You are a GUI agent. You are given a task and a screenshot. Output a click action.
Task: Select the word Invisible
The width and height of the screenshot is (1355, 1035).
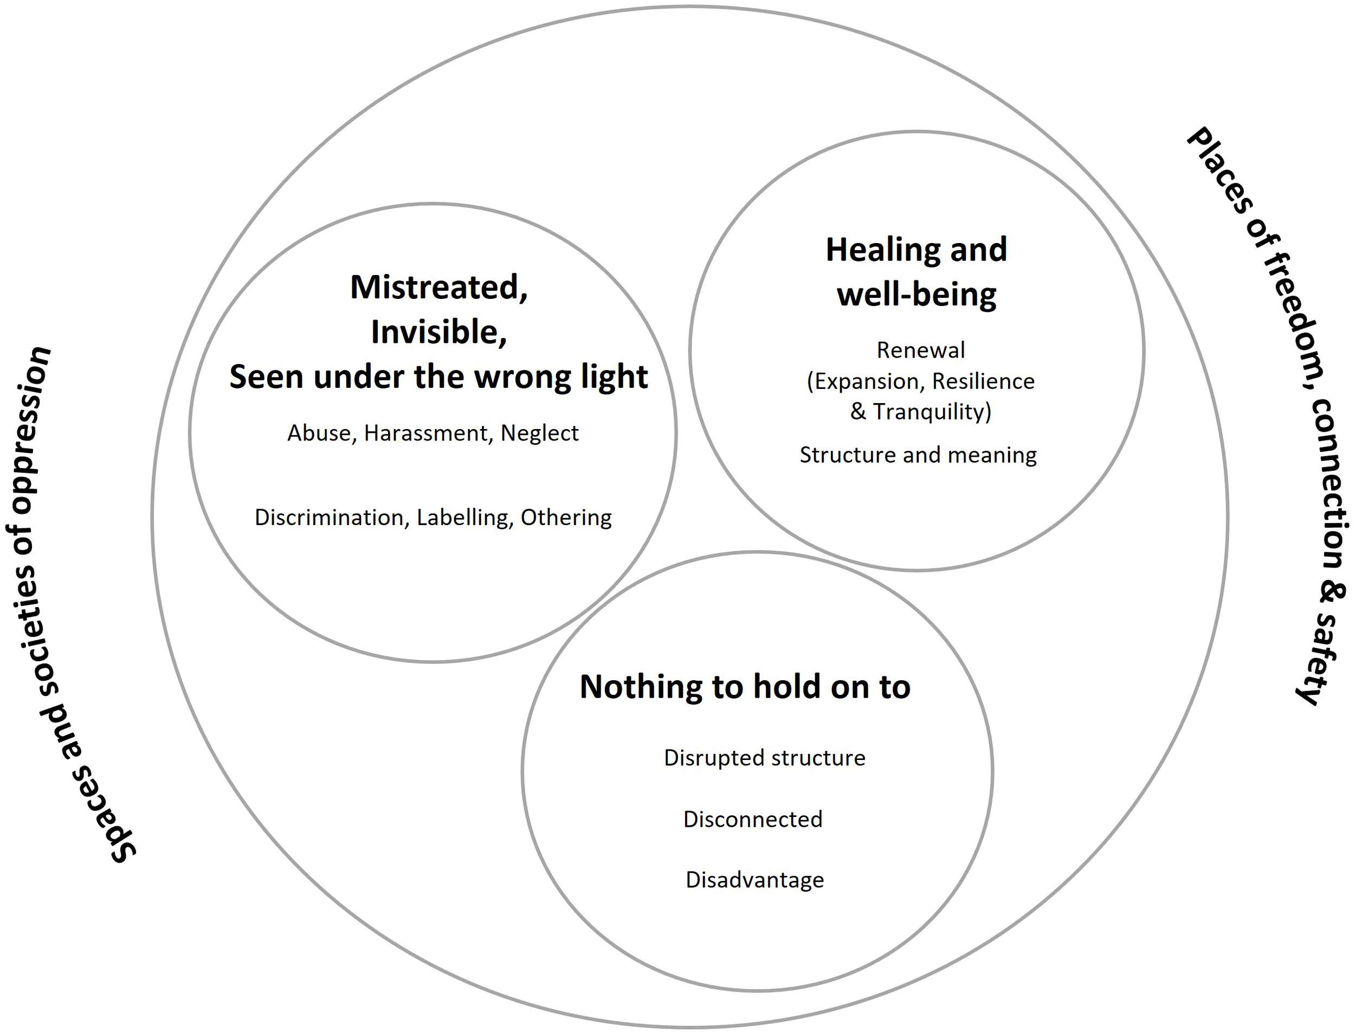tap(438, 333)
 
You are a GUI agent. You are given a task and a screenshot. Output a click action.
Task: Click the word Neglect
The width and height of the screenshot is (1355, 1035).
tap(539, 434)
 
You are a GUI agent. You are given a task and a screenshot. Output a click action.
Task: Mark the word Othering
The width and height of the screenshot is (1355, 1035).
tap(566, 517)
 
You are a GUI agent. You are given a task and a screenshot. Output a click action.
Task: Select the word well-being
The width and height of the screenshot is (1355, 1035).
tap(916, 295)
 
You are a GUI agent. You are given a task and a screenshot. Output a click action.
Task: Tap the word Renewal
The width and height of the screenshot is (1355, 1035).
tap(920, 350)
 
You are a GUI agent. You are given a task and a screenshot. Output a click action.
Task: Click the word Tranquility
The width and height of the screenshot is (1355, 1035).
tap(932, 412)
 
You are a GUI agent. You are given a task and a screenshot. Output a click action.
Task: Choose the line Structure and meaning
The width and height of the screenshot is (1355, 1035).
tap(918, 455)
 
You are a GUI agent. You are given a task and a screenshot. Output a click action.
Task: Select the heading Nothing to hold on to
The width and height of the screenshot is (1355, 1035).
tap(745, 686)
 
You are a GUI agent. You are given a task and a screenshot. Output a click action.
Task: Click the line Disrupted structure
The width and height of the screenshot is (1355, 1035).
tap(764, 758)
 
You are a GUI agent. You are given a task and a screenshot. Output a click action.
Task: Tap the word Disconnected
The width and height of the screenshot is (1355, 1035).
tap(752, 819)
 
